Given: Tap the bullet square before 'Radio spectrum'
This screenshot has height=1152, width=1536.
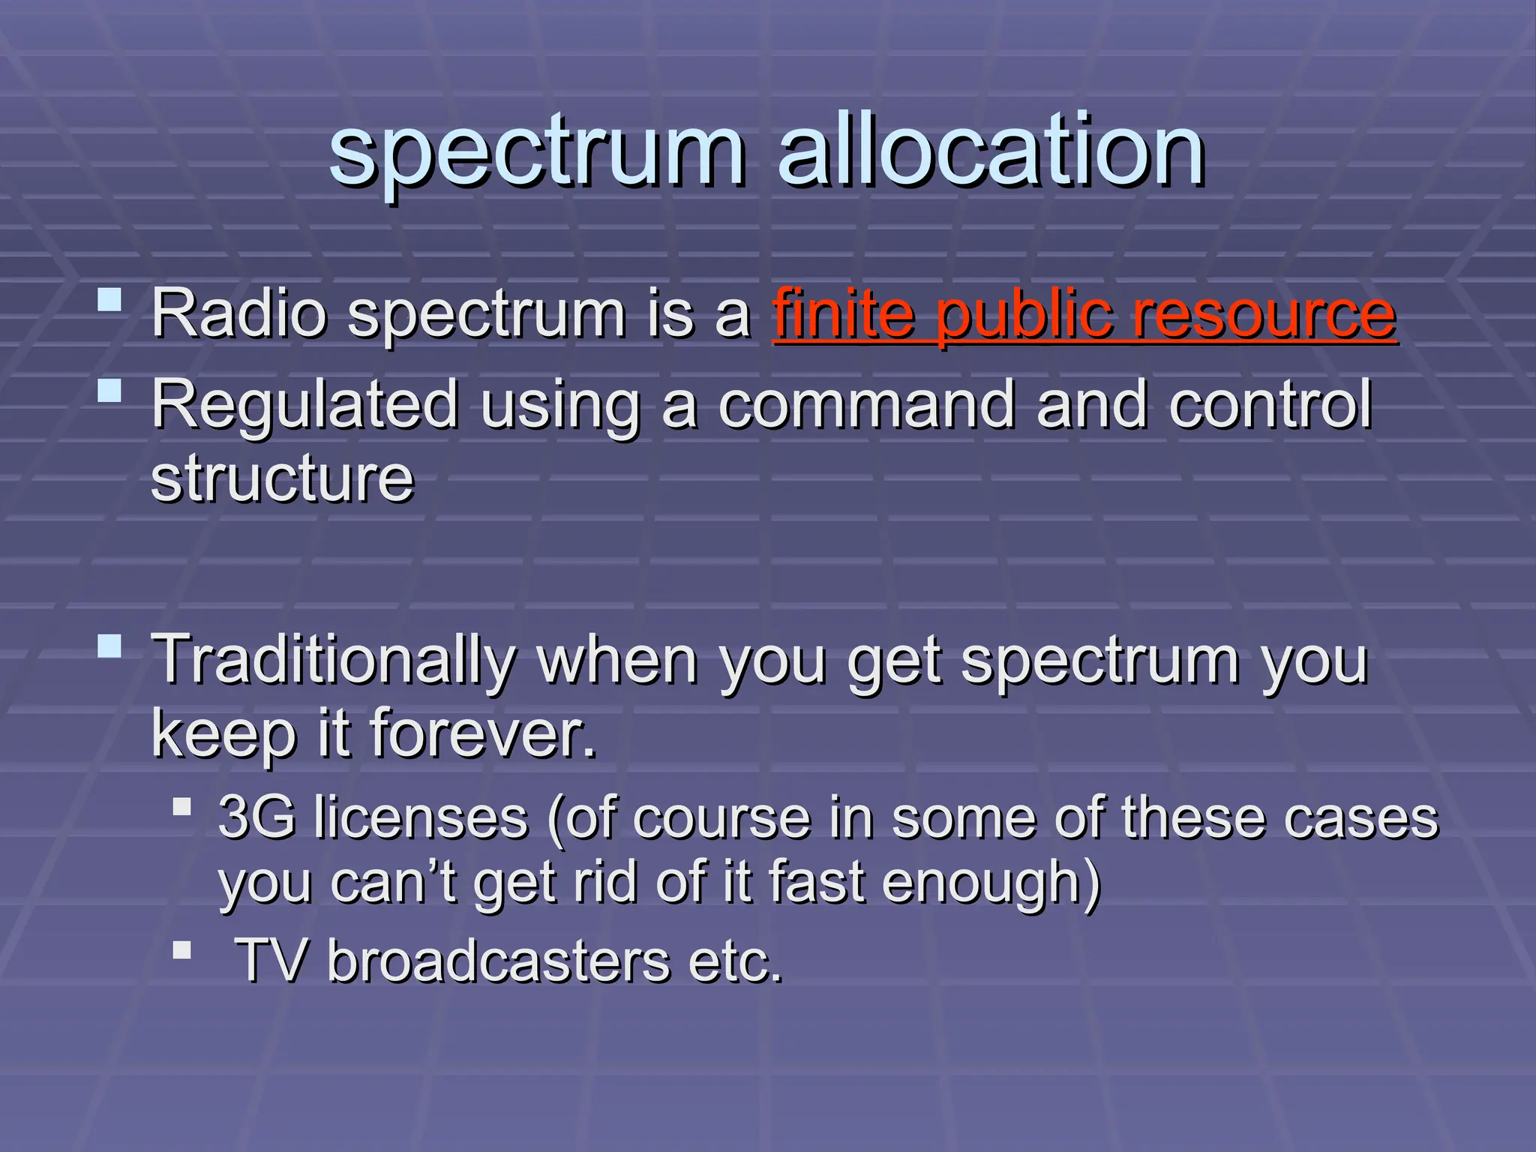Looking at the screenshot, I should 110,300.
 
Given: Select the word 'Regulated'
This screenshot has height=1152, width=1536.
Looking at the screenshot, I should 304,405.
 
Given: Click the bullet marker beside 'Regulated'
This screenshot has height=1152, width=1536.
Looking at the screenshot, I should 110,391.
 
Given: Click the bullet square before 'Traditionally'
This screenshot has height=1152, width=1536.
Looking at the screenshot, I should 110,646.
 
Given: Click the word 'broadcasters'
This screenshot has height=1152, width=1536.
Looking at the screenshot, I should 498,961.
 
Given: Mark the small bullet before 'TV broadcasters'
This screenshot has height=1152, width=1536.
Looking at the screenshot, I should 181,950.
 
